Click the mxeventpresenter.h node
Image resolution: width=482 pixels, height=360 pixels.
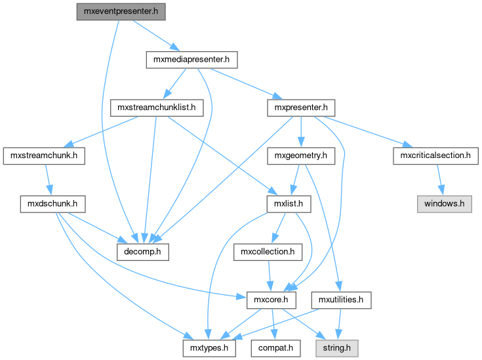[x=119, y=11]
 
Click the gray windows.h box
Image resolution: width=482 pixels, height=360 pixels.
[x=444, y=203]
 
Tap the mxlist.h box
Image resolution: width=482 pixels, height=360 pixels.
[x=289, y=203]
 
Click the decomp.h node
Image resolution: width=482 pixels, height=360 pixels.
[x=143, y=251]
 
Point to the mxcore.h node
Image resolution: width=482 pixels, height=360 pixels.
[x=271, y=300]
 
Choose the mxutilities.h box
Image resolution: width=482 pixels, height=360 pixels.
[x=341, y=300]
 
